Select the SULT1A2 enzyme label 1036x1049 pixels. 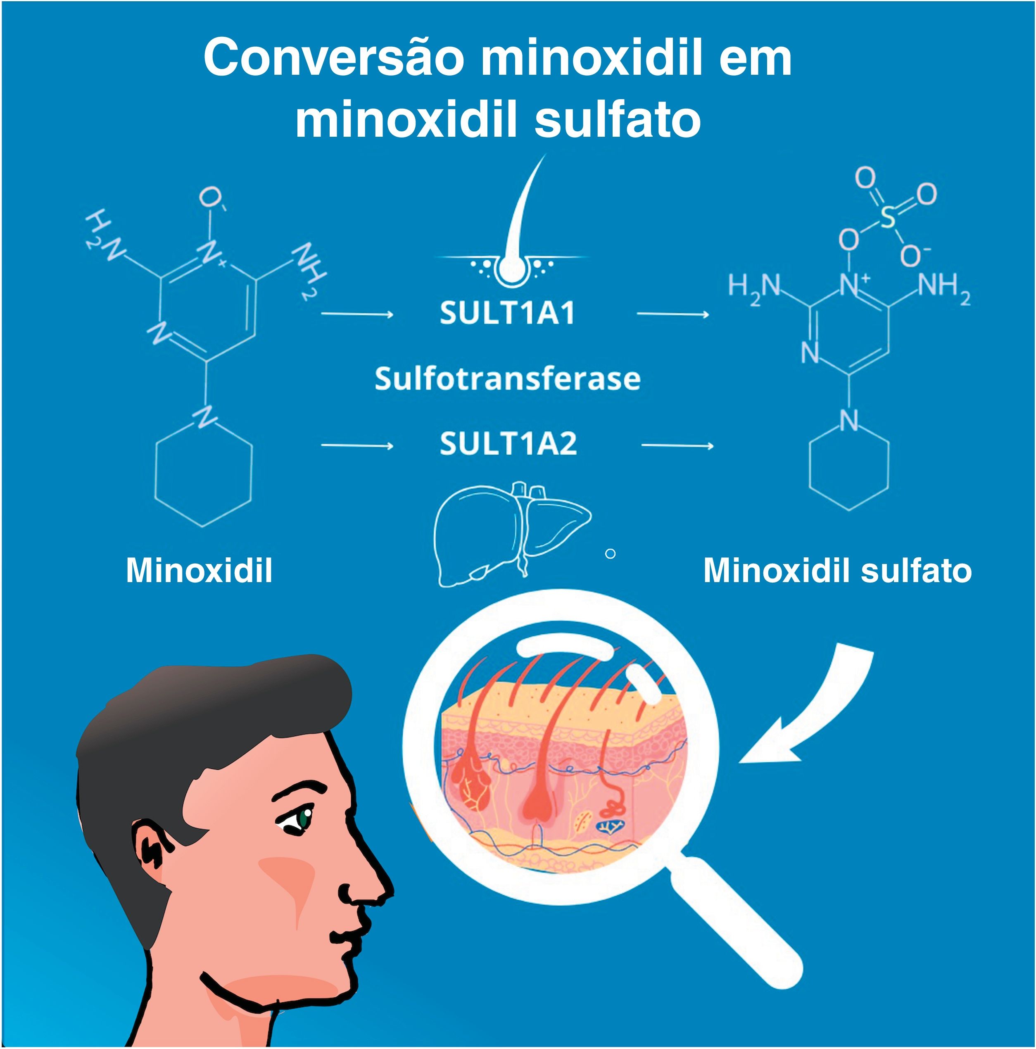508,444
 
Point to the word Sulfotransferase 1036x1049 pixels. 508,378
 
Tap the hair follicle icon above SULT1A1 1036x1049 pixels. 513,233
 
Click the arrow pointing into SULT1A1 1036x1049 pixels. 357,314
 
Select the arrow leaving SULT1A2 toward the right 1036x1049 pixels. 677,446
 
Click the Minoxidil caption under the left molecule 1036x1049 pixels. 199,571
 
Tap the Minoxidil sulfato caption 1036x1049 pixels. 837,571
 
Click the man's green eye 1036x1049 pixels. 302,819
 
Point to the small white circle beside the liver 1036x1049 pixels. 610,554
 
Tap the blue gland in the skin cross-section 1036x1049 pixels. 612,826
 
